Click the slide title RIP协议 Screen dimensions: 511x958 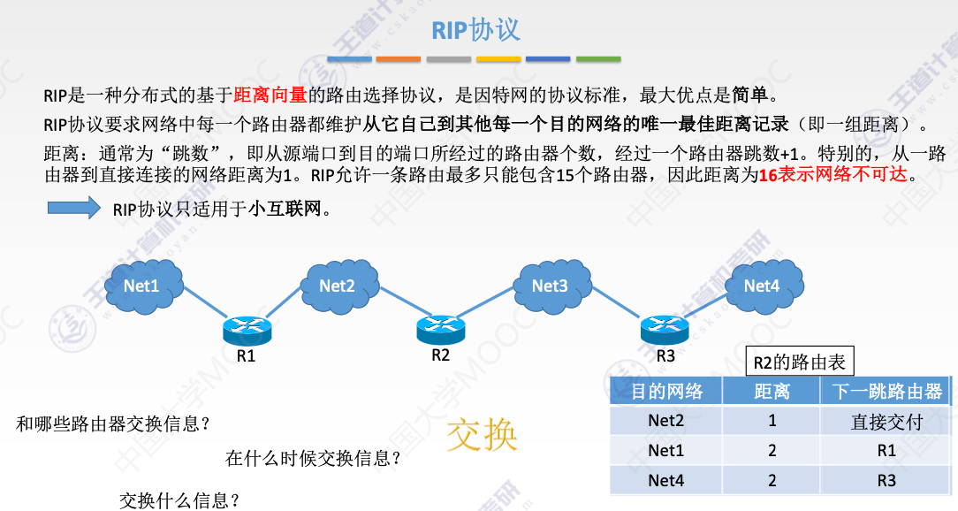pos(475,30)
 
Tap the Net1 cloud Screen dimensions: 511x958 pos(142,286)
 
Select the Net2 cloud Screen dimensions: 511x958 pos(338,285)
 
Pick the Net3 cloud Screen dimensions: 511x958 pos(550,285)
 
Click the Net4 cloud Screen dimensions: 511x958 pos(762,285)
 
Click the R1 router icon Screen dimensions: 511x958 pos(247,331)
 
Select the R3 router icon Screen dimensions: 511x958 pos(665,330)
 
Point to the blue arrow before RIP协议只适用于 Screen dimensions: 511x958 pos(74,209)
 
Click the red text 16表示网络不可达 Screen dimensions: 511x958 pos(833,174)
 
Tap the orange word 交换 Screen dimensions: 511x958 pos(483,433)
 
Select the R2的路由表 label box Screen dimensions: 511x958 pos(800,362)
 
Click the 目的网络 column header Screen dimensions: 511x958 pos(666,392)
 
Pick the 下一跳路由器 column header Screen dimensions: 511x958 pos(886,392)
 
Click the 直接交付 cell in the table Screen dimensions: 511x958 pos(886,422)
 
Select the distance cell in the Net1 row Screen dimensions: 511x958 pos(772,451)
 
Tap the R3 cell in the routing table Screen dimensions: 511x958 pos(886,481)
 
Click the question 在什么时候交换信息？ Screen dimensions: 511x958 pos(314,458)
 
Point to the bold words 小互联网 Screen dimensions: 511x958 pos(284,210)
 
